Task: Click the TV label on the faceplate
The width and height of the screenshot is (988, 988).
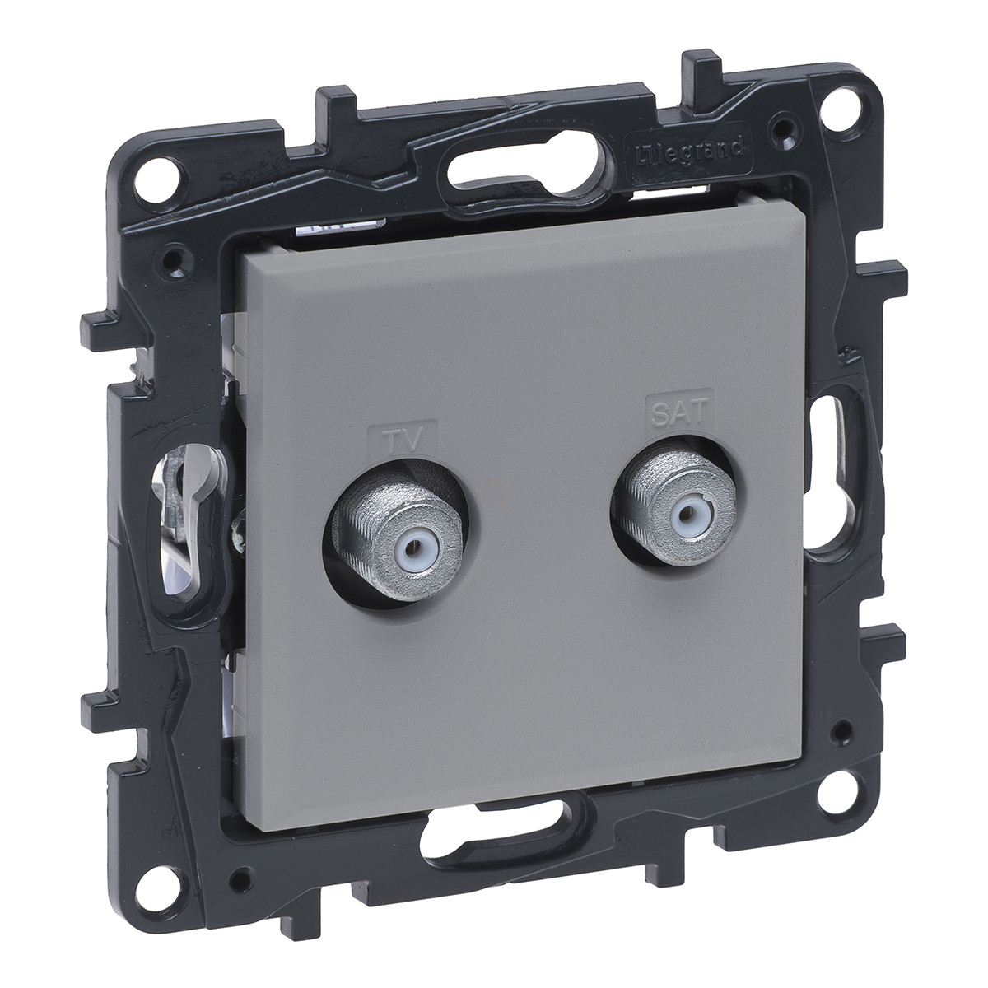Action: (x=403, y=440)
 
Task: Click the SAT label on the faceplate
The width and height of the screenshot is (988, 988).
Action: (x=679, y=412)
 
